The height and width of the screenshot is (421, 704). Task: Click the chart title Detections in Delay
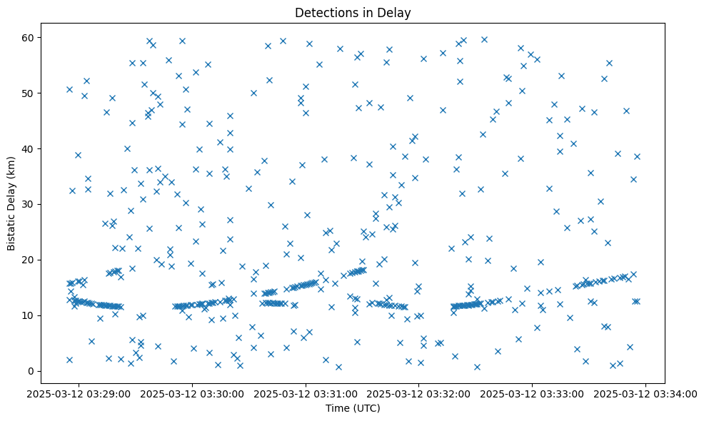coord(353,13)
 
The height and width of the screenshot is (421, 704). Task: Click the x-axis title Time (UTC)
coord(353,409)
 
